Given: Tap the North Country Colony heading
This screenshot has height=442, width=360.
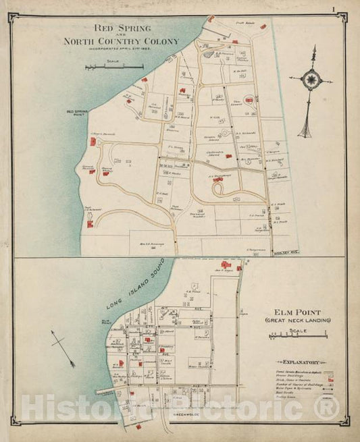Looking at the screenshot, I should pyautogui.click(x=121, y=41).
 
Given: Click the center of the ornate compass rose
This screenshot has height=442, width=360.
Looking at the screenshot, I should pyautogui.click(x=311, y=79).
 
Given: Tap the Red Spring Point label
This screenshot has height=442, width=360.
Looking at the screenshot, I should pyautogui.click(x=78, y=113).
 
